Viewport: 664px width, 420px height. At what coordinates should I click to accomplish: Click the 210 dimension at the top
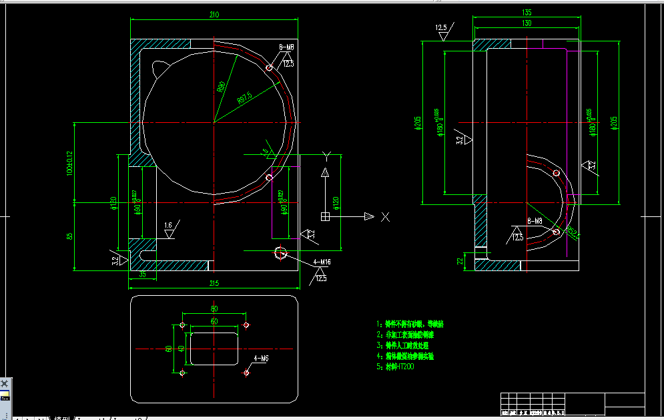click(214, 15)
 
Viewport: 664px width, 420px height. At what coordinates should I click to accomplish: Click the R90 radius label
click(221, 87)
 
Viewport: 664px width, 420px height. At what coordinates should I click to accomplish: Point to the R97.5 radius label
click(244, 97)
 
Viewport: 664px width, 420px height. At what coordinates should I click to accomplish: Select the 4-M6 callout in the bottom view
click(261, 359)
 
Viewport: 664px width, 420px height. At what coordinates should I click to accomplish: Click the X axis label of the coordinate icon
click(385, 216)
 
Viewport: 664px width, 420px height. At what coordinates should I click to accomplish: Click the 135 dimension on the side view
click(527, 12)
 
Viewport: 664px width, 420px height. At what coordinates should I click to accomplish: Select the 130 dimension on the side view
click(527, 23)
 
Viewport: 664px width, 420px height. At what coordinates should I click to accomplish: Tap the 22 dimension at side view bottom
click(459, 260)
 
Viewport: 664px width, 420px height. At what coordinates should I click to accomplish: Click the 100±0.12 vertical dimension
click(68, 162)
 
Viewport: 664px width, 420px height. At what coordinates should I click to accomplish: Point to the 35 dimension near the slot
click(142, 274)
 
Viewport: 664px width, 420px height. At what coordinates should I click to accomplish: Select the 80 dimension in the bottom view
click(214, 309)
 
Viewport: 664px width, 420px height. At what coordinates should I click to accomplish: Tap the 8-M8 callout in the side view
click(534, 221)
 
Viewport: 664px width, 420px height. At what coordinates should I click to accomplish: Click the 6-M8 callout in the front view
click(286, 47)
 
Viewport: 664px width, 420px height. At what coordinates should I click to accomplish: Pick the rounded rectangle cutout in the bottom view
click(214, 348)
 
